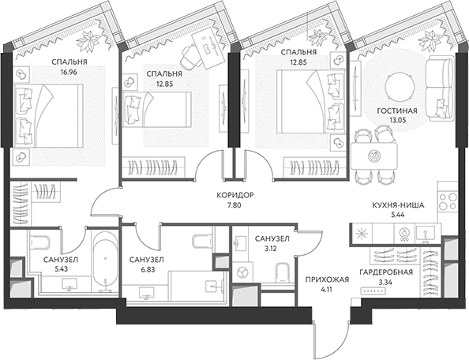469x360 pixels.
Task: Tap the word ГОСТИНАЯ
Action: point(397,111)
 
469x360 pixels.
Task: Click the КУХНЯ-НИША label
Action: point(398,205)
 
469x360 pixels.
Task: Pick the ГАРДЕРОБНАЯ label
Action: point(386,272)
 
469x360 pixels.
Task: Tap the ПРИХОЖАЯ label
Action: point(327,279)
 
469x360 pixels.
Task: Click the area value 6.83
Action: point(147,269)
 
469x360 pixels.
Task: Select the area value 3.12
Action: point(272,248)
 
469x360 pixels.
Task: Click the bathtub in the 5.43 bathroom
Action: point(105,261)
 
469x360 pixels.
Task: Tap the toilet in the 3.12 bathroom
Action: point(282,272)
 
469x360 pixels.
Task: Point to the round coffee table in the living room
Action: point(400,87)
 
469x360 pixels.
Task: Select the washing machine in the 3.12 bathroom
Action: point(242,272)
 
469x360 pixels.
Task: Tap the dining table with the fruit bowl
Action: point(374,156)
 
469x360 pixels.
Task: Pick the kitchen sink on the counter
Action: point(426,234)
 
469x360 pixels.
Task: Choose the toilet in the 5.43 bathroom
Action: point(40,242)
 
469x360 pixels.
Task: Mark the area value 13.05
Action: point(397,121)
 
